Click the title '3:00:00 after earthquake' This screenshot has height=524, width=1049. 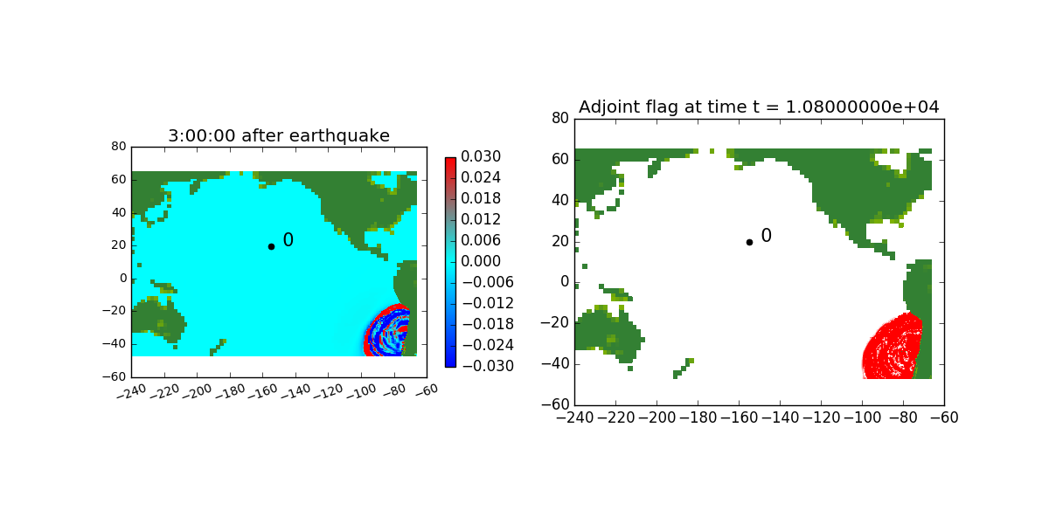pyautogui.click(x=279, y=135)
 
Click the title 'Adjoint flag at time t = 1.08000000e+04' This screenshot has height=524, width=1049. pyautogui.click(x=759, y=107)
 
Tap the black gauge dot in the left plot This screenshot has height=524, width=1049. pyautogui.click(x=271, y=246)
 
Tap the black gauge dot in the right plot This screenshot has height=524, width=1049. pyautogui.click(x=749, y=243)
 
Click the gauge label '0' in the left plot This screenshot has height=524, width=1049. pyautogui.click(x=288, y=240)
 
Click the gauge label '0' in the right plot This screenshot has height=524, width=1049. pyautogui.click(x=766, y=235)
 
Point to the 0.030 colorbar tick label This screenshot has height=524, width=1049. pyautogui.click(x=481, y=156)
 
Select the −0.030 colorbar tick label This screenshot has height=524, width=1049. pyautogui.click(x=488, y=366)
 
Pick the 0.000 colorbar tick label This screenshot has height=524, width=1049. pyautogui.click(x=481, y=261)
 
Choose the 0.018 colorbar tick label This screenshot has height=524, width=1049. pyautogui.click(x=481, y=198)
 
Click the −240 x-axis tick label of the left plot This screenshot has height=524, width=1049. pyautogui.click(x=132, y=391)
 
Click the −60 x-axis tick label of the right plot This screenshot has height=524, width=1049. pyautogui.click(x=944, y=417)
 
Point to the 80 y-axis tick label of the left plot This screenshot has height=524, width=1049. pyautogui.click(x=119, y=147)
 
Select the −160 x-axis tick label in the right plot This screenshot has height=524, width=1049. pyautogui.click(x=739, y=417)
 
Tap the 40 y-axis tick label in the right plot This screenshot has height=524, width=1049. pyautogui.click(x=560, y=200)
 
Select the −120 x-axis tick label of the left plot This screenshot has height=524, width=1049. pyautogui.click(x=329, y=391)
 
